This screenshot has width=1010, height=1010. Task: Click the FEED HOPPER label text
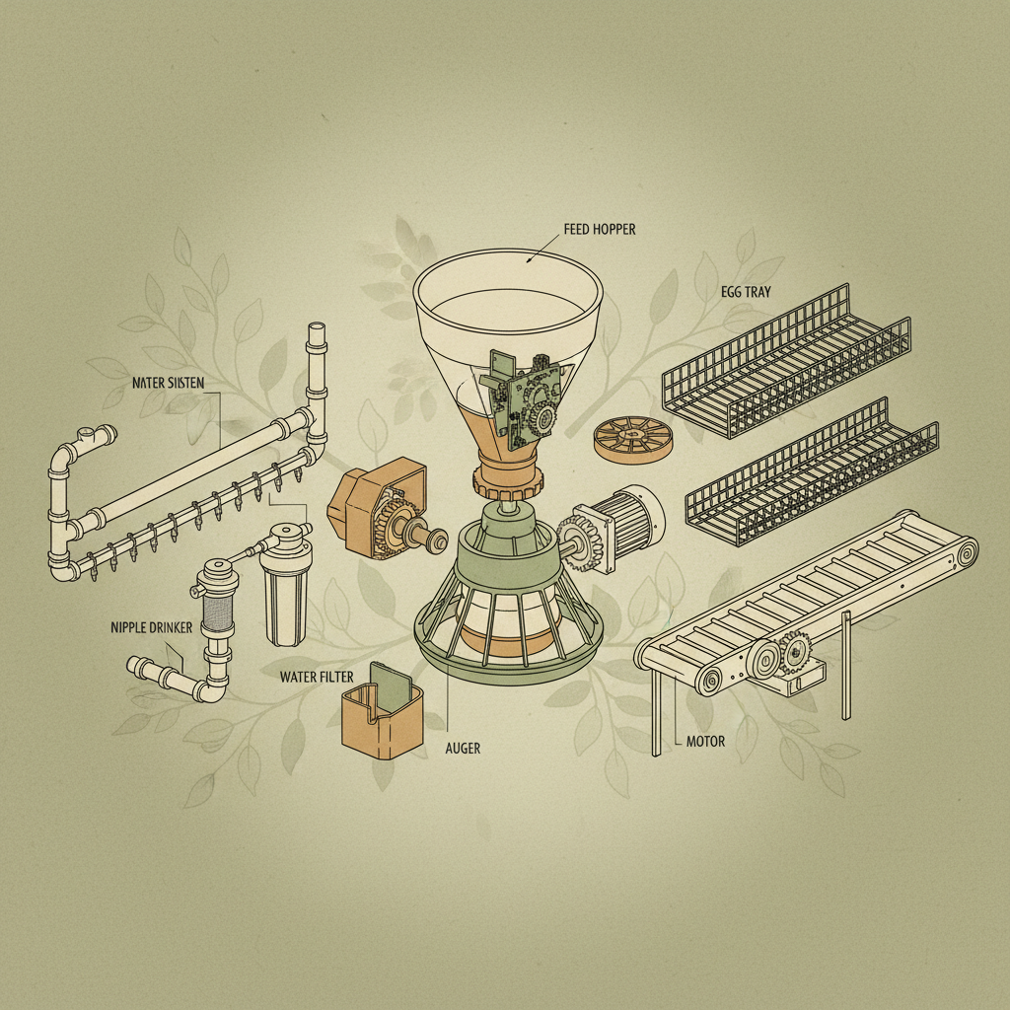[x=600, y=229]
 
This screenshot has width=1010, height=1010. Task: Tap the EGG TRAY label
[x=746, y=293]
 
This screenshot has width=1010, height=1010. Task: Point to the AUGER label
[x=463, y=749]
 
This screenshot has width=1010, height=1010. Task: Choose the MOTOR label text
[x=705, y=741]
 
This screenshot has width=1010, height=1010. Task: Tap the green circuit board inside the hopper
[x=521, y=398]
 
